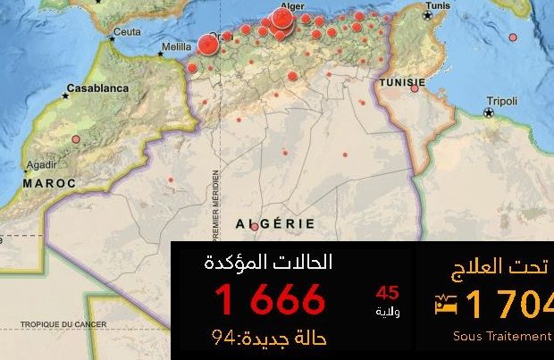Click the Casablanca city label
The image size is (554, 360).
(99, 88)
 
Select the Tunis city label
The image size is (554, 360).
(437, 5)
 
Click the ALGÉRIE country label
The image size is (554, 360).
(274, 222)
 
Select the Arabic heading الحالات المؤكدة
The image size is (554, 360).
(268, 263)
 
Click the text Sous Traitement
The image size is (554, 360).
(502, 336)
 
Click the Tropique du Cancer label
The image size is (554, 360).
(63, 324)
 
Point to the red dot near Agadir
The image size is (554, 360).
(76, 138)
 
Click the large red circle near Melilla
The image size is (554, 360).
(209, 45)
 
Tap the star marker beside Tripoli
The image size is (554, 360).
(488, 113)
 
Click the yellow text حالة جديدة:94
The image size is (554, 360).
(269, 339)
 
